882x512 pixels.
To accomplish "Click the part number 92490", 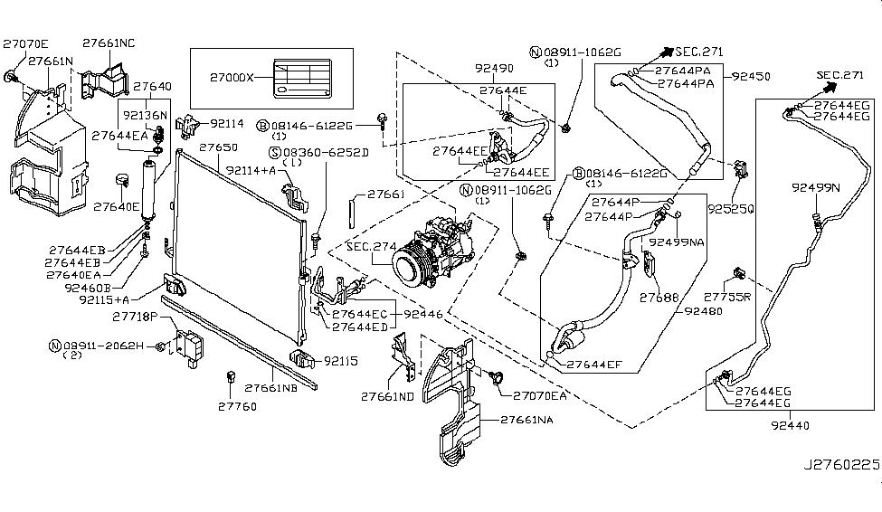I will pyautogui.click(x=494, y=68).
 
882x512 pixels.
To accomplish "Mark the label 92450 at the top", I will pyautogui.click(x=751, y=77).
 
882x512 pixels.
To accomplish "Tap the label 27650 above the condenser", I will pyautogui.click(x=218, y=147).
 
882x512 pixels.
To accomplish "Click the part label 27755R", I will pyautogui.click(x=726, y=296).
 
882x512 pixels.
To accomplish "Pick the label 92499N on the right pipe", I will pyautogui.click(x=815, y=187).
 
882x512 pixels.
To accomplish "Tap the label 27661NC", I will pyautogui.click(x=109, y=43).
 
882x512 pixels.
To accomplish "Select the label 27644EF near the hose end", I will pyautogui.click(x=596, y=365).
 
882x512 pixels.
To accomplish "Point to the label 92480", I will pyautogui.click(x=703, y=310).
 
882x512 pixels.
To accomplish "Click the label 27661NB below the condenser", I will pyautogui.click(x=270, y=387).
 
